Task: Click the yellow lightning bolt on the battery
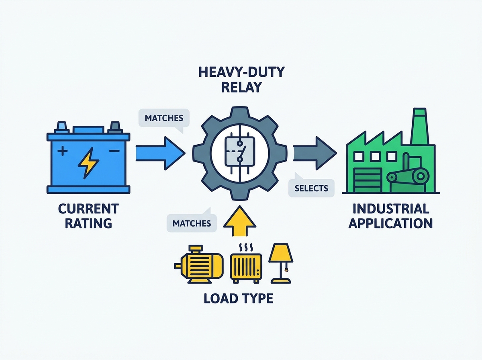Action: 88,163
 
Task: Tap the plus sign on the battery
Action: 63,151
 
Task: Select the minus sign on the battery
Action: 114,151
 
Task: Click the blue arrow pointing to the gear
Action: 160,153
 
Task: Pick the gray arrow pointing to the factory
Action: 315,153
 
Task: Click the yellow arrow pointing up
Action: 240,221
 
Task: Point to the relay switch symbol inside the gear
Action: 240,153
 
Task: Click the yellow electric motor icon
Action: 199,265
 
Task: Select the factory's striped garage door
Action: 368,180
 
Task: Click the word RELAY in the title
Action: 241,87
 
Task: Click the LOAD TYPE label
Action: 239,299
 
